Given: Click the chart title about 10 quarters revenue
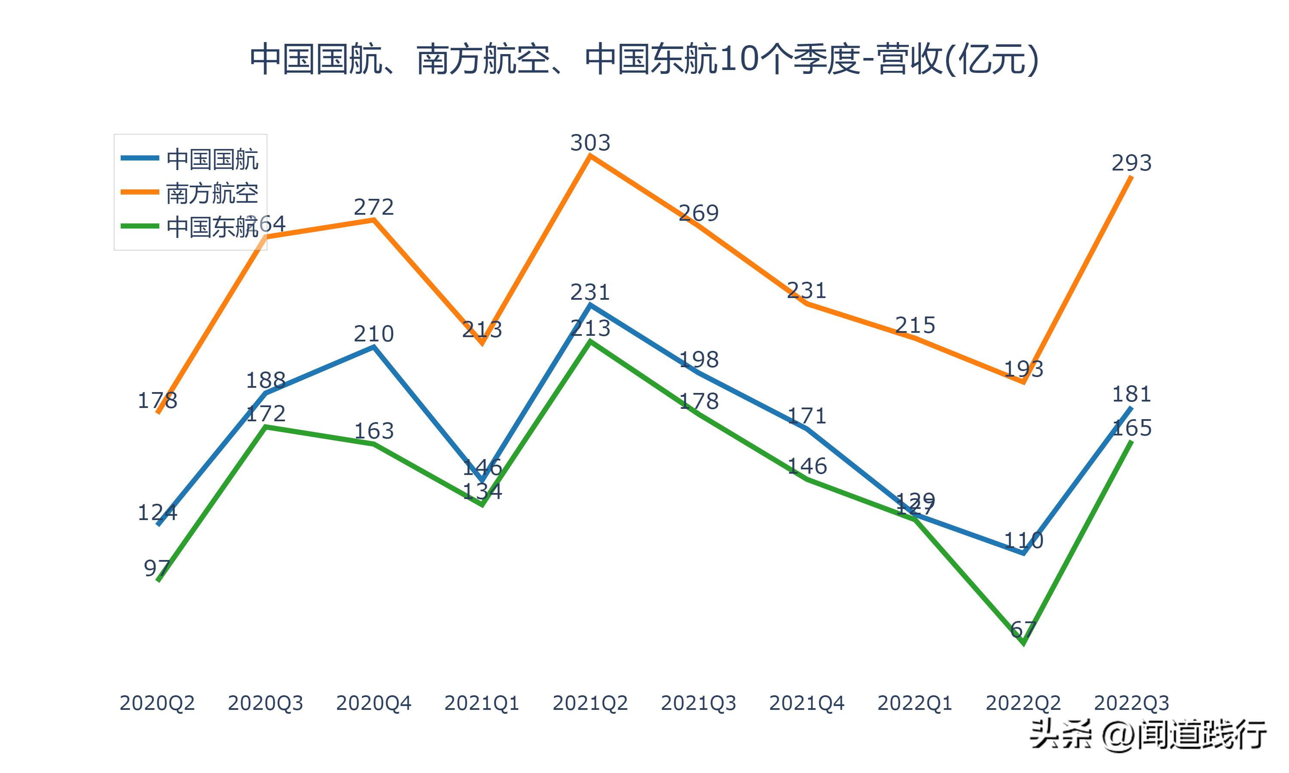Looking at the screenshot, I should (644, 59).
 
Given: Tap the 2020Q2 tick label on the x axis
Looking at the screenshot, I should (157, 703).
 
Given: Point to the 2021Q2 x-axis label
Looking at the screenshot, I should (590, 703).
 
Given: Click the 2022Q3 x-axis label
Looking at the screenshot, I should (1131, 703).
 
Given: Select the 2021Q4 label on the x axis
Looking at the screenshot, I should (806, 703).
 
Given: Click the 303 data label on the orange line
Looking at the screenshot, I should (590, 143).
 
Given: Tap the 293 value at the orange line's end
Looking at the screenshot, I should (1131, 164).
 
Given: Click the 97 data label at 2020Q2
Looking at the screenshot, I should (157, 568).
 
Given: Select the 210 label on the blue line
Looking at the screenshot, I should (373, 334).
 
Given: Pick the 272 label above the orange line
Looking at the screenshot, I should (373, 207).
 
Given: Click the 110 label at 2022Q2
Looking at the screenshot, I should (1023, 540).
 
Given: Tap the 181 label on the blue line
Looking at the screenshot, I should (1131, 394).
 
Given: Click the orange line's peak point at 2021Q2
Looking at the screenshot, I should (590, 156).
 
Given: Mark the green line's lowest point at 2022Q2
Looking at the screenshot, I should (1024, 644).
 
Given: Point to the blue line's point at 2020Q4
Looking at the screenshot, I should (373, 347).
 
